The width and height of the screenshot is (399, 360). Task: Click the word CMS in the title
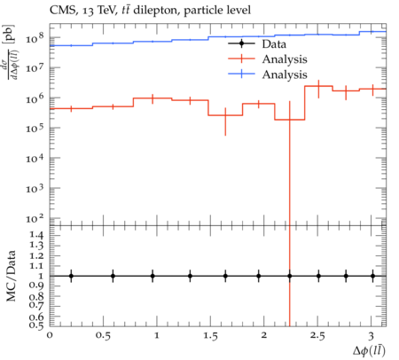[61, 11]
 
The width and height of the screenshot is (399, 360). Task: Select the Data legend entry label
[274, 44]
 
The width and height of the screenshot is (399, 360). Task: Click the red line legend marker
[241, 59]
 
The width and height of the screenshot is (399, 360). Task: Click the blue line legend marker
[241, 74]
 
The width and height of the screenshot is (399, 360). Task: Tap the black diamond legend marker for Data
[241, 43]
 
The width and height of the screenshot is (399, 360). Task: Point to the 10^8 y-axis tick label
[35, 38]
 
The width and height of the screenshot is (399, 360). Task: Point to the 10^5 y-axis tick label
[35, 128]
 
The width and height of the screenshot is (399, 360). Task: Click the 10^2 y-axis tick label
[35, 219]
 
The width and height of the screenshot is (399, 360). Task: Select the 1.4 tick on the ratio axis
[36, 235]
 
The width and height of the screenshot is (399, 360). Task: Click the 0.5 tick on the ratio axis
[36, 325]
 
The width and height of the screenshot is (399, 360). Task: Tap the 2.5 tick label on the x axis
[317, 336]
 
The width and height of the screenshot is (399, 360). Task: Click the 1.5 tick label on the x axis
[210, 336]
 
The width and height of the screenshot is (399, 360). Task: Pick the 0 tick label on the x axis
[50, 335]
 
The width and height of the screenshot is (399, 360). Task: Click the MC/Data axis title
[11, 276]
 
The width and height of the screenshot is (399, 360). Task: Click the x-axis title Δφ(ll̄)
[370, 351]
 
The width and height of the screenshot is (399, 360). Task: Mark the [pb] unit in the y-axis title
[9, 35]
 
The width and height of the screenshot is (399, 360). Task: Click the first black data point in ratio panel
[71, 276]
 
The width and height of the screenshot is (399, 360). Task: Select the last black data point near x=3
[372, 276]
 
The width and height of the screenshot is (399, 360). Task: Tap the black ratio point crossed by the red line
[290, 276]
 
